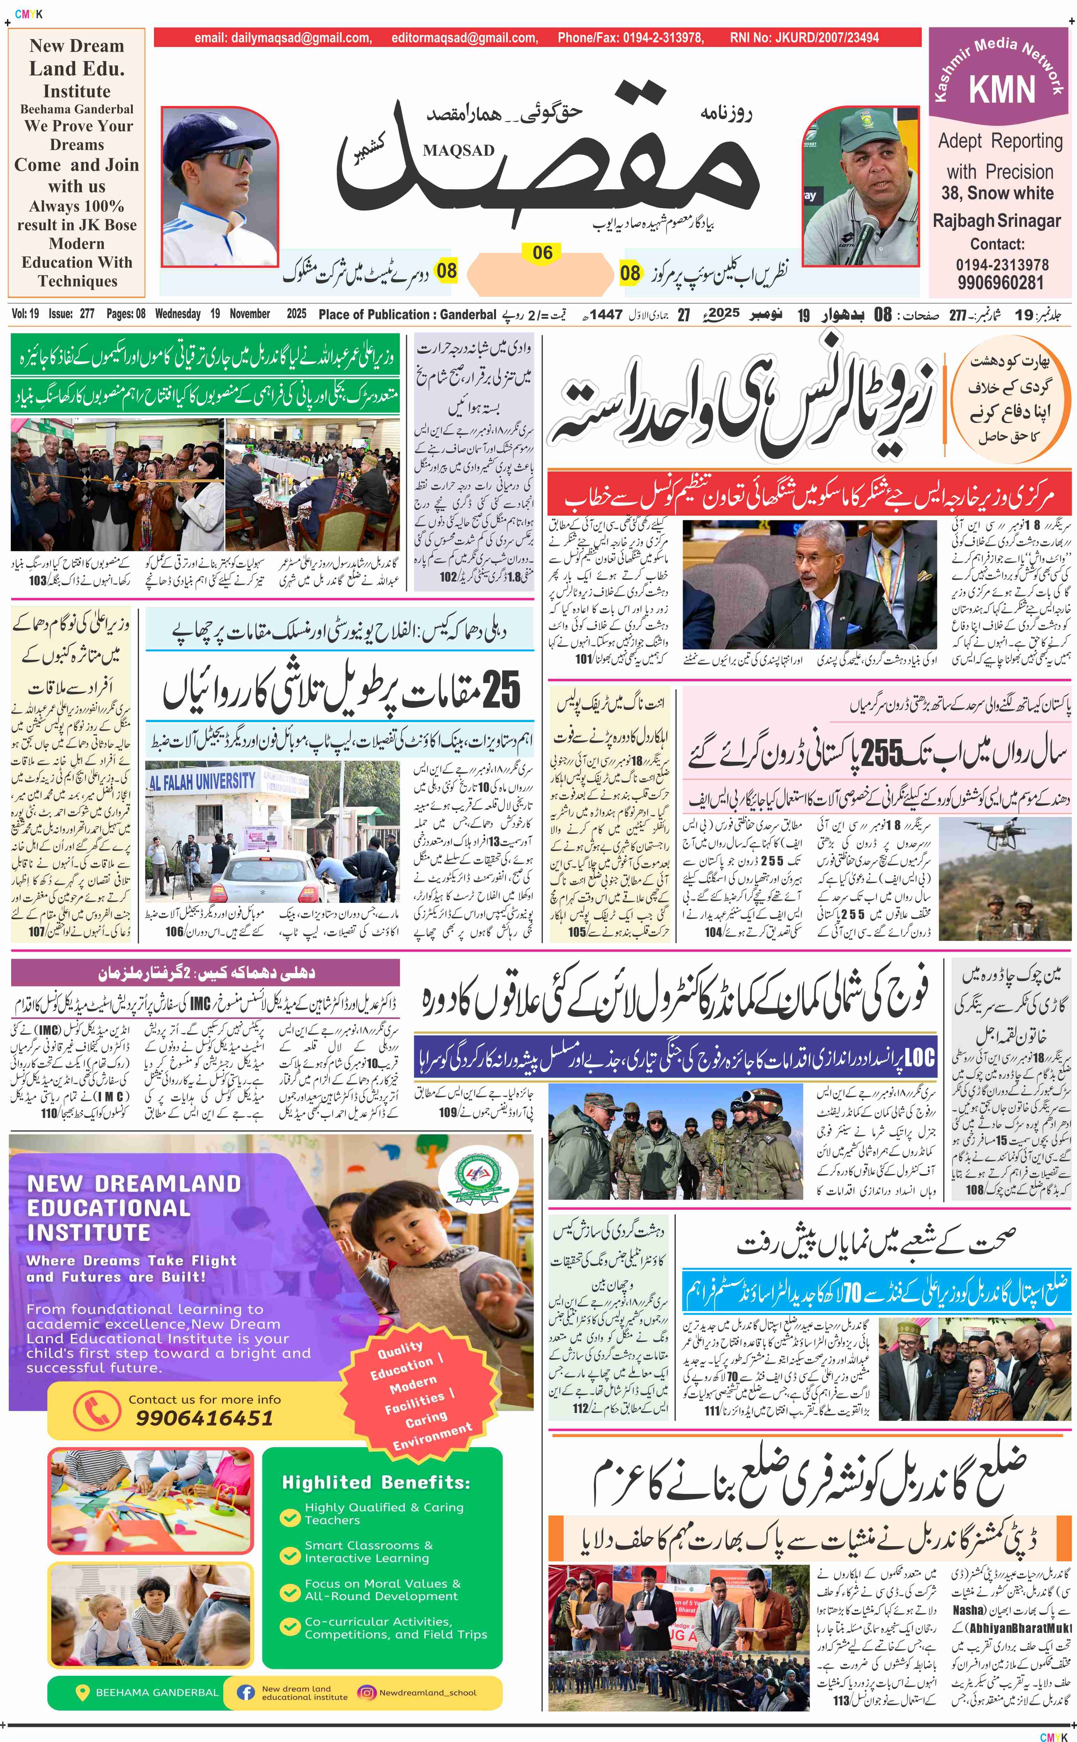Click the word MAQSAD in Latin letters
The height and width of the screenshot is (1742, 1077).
click(x=458, y=150)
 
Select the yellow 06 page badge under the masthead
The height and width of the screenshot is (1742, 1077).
click(x=542, y=253)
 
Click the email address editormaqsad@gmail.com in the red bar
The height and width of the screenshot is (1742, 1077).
click(x=464, y=38)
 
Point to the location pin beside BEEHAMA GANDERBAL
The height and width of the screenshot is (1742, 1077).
click(x=82, y=1692)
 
